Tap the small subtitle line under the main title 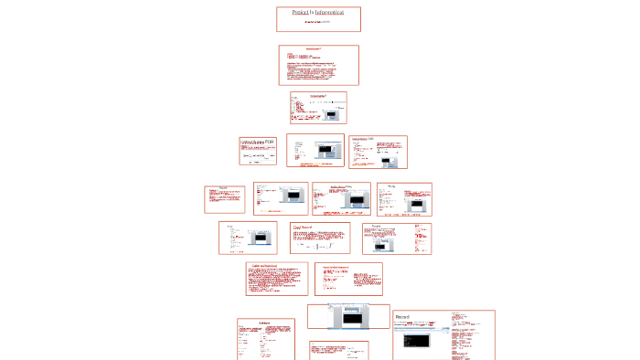point(318,22)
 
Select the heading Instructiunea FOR point(257,143)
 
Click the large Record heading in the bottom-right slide point(402,317)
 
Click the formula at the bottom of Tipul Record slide point(320,248)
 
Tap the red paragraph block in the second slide point(318,72)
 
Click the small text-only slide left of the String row point(223,198)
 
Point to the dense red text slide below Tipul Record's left point(276,281)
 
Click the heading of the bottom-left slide point(265,323)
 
